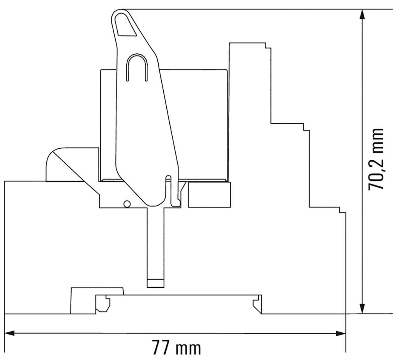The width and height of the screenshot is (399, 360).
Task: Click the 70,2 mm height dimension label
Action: tap(377, 159)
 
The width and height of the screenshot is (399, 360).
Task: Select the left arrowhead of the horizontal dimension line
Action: tap(11, 333)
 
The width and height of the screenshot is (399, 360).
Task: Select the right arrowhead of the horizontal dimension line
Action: tap(340, 333)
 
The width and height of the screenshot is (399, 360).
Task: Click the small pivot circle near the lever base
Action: tap(126, 204)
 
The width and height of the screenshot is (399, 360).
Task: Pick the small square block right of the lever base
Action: tap(209, 195)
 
